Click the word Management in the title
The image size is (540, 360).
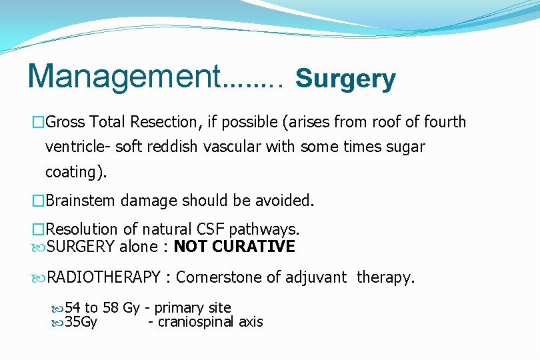point(123,76)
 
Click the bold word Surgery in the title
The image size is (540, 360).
point(345,79)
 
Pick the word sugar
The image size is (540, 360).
point(405,147)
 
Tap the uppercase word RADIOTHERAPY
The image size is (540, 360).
point(105,277)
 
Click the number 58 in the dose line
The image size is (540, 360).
point(111,308)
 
